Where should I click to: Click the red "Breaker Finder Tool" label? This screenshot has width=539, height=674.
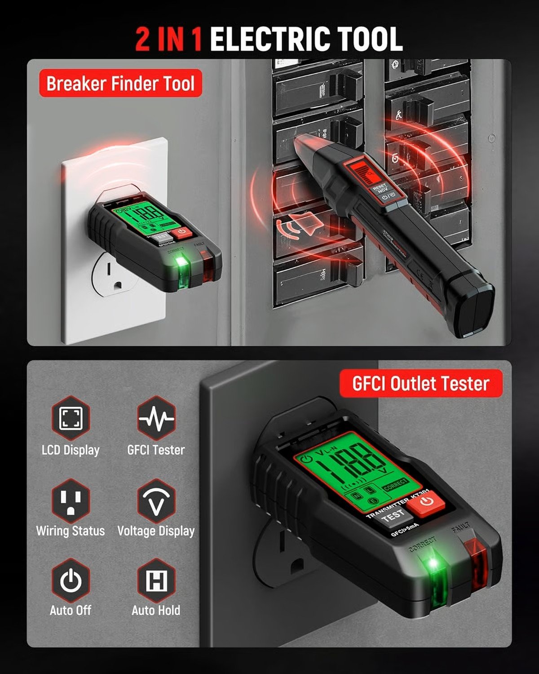tap(120, 84)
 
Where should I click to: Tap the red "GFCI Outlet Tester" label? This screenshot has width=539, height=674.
tap(420, 384)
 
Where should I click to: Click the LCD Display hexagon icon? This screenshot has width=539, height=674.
tap(71, 418)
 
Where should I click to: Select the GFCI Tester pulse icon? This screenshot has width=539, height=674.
tap(156, 418)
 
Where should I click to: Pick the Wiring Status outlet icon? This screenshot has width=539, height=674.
tap(71, 500)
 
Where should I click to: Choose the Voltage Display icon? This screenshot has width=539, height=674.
tap(156, 500)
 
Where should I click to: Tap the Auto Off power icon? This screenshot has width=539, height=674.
tap(71, 581)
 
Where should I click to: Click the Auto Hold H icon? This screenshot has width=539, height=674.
tap(156, 581)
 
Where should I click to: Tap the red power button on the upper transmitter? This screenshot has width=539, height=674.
tap(181, 232)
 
